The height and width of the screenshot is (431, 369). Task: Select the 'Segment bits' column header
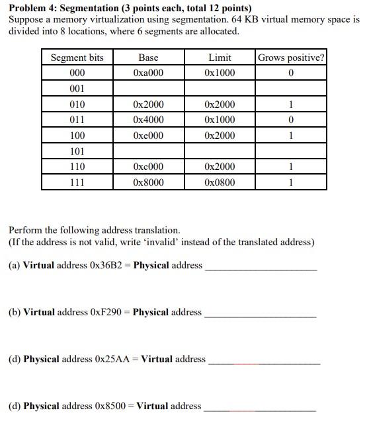77,58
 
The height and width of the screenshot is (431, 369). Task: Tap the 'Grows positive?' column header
291,58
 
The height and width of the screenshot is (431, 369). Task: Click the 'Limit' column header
220,58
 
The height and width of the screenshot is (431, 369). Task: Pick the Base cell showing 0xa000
148,73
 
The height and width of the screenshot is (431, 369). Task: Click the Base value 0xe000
148,136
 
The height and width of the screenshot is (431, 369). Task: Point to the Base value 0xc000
148,167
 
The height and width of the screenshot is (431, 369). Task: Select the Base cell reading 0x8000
148,182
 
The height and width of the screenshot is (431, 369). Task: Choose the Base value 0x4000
148,120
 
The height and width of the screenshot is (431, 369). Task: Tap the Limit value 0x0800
220,182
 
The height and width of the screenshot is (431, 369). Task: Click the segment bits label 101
77,151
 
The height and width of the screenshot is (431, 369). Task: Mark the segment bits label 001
77,89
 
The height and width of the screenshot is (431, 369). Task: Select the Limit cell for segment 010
220,104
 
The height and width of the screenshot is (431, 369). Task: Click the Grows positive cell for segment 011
291,120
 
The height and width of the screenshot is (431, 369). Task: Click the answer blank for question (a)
261,266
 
